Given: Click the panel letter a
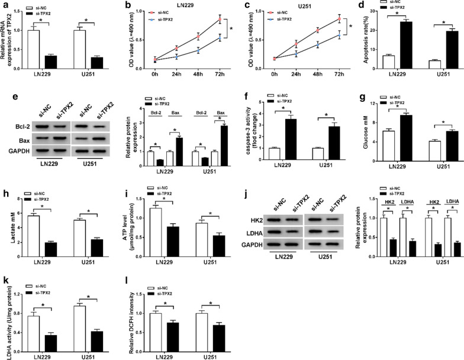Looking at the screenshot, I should click(5, 5).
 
